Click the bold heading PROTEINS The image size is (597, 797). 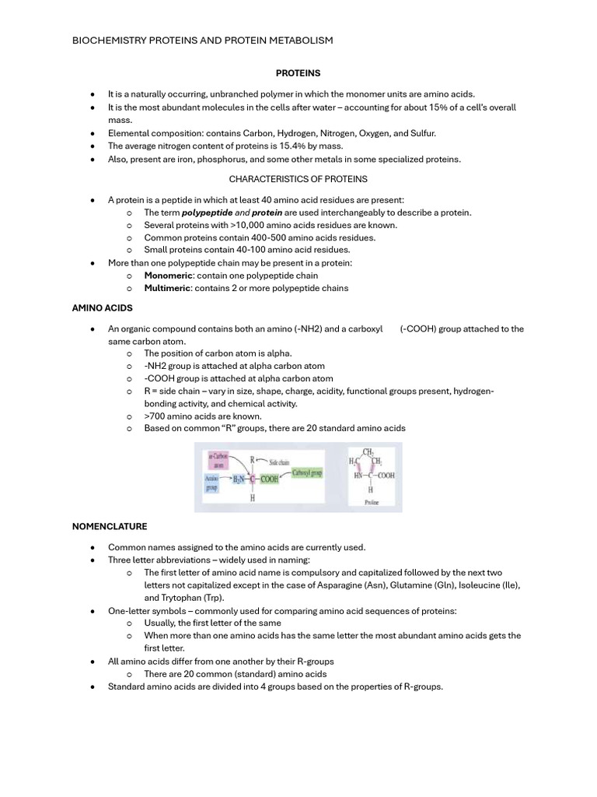coord(298,73)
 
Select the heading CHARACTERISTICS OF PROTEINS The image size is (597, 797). coord(298,179)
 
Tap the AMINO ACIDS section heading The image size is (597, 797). coord(103,308)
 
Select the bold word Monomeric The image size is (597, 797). coord(168,276)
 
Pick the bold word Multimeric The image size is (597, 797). coord(169,288)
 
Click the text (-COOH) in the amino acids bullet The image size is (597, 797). coord(418,328)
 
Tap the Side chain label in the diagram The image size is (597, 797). coord(278,462)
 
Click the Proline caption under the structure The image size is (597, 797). coord(371,503)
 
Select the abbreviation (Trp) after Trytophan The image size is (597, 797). coord(210,598)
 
